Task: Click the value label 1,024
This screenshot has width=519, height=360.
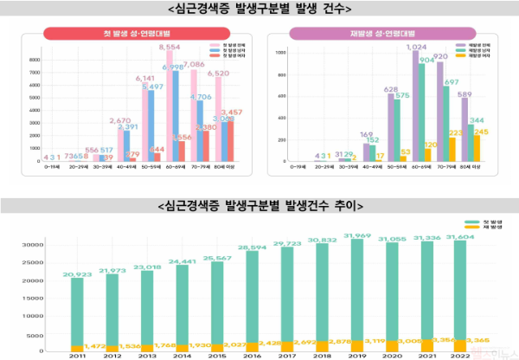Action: tap(420, 47)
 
